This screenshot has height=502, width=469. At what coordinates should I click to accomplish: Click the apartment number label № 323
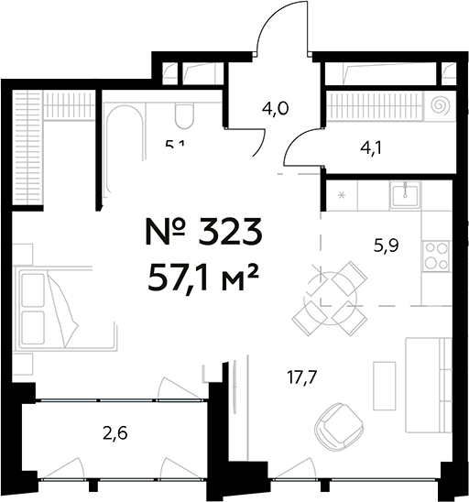tap(203, 233)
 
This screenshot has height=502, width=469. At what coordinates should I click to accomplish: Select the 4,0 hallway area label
tap(275, 109)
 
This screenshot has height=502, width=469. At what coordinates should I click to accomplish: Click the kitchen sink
tap(404, 195)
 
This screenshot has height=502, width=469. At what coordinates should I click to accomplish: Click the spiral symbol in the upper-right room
tap(441, 106)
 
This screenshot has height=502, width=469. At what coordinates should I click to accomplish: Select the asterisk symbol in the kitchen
tap(343, 195)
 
